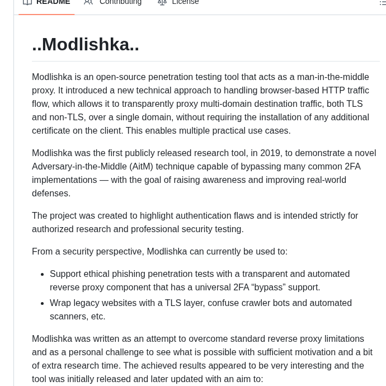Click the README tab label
[53, 2]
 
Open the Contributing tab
[120, 2]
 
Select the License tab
[185, 2]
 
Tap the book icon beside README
[27, 2]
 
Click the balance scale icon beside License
[162, 2]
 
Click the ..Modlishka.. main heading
[86, 44]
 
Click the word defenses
[51, 193]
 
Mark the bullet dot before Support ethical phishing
[42, 274]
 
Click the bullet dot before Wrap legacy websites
[42, 303]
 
